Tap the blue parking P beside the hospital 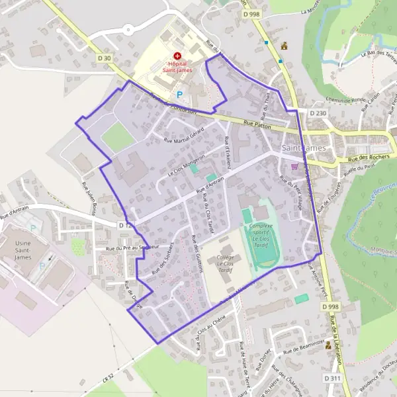[x=179, y=95]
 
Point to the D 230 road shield [x=317, y=113]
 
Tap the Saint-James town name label [x=304, y=148]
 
